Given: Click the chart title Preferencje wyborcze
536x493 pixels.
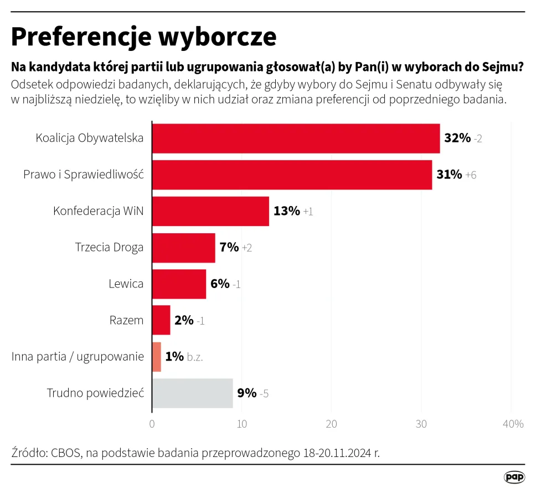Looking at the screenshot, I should pyautogui.click(x=143, y=37).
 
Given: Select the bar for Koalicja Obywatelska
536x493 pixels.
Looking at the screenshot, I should pyautogui.click(x=296, y=138).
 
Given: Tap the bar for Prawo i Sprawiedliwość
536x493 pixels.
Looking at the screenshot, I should pyautogui.click(x=292, y=174).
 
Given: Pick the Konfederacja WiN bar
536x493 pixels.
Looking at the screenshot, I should pyautogui.click(x=210, y=211).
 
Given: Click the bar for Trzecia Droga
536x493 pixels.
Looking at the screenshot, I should pyautogui.click(x=183, y=248).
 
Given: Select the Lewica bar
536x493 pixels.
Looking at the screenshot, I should pyautogui.click(x=179, y=284).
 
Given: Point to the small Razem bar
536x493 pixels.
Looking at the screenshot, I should pyautogui.click(x=161, y=320).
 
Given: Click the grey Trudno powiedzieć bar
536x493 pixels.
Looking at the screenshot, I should pyautogui.click(x=192, y=393).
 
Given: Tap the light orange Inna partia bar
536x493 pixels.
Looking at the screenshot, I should pyautogui.click(x=156, y=357).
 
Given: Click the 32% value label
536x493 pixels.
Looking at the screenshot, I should pyautogui.click(x=457, y=138).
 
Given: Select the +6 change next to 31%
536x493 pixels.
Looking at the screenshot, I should pyautogui.click(x=471, y=175).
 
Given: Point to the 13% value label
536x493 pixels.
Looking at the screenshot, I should pyautogui.click(x=286, y=211).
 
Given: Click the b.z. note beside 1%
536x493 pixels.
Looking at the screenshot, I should pyautogui.click(x=195, y=357).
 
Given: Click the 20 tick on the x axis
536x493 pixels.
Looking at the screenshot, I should pyautogui.click(x=331, y=424).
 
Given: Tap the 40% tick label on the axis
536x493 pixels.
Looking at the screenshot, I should pyautogui.click(x=513, y=424).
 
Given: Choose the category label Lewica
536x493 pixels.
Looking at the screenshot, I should pyautogui.click(x=126, y=284).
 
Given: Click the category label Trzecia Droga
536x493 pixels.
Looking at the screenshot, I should pyautogui.click(x=109, y=248).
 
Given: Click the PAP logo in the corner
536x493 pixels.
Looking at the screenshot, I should pyautogui.click(x=514, y=477).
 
